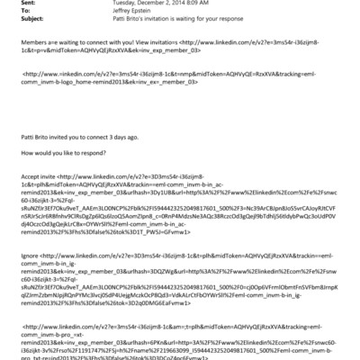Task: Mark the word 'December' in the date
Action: [x=155, y=4]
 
